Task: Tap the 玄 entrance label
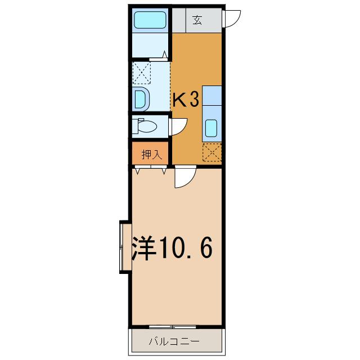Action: [x=197, y=20]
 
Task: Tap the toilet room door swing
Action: [x=178, y=125]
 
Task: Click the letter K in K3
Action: [x=179, y=100]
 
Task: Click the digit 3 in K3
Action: [x=193, y=100]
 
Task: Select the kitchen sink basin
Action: [x=212, y=129]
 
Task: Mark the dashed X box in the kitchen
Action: [x=212, y=152]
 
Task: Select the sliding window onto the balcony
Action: [x=173, y=326]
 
